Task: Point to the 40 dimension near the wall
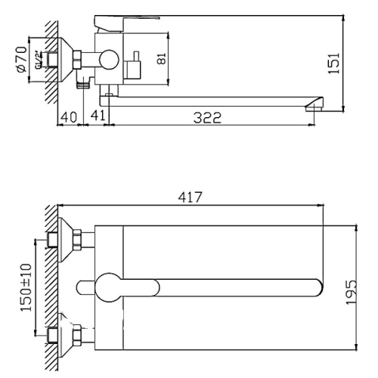click(70, 117)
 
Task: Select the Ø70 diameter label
click(22, 57)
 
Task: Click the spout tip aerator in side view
click(311, 107)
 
